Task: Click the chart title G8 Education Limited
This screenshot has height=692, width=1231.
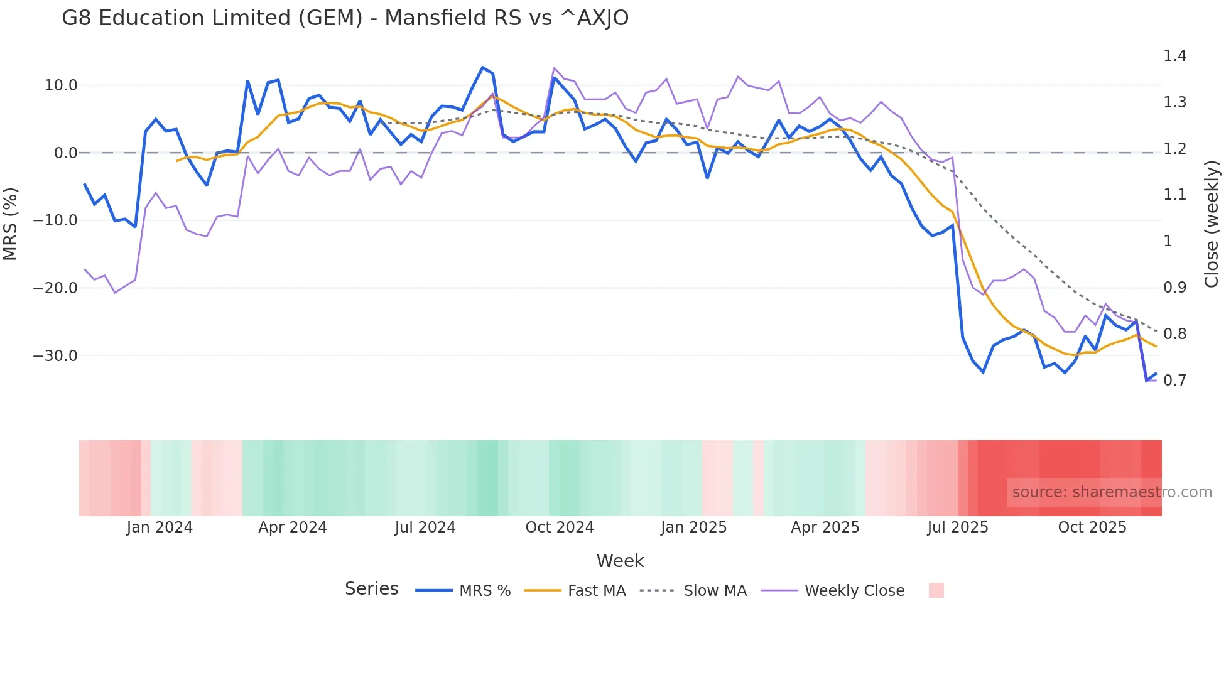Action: pyautogui.click(x=345, y=18)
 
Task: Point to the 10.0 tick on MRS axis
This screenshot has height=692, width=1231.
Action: pyautogui.click(x=61, y=85)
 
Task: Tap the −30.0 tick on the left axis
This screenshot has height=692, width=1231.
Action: pyautogui.click(x=55, y=356)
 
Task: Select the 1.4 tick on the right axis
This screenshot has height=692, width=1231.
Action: pyautogui.click(x=1174, y=56)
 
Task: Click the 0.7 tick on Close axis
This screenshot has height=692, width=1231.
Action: pyautogui.click(x=1174, y=381)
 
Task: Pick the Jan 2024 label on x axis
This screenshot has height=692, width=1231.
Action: pyautogui.click(x=160, y=527)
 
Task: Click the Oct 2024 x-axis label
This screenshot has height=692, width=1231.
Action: pyautogui.click(x=560, y=527)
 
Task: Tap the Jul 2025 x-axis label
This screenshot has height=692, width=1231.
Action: pyautogui.click(x=958, y=527)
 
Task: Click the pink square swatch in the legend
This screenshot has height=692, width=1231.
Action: pyautogui.click(x=936, y=590)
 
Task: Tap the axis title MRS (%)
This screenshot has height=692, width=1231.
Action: pyautogui.click(x=11, y=224)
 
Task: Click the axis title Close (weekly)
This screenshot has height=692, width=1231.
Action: pyautogui.click(x=1212, y=224)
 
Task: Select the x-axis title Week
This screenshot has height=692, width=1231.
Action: pyautogui.click(x=620, y=561)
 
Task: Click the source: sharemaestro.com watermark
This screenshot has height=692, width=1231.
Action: pyautogui.click(x=1112, y=492)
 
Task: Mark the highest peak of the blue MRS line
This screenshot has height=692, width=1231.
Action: pyautogui.click(x=482, y=67)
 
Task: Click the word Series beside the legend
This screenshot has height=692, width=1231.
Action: pyautogui.click(x=371, y=589)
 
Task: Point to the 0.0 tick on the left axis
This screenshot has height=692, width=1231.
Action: pyautogui.click(x=65, y=153)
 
